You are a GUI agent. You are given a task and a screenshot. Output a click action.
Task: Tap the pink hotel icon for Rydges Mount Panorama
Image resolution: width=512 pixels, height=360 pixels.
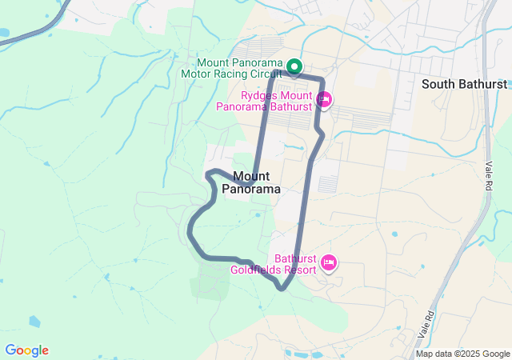(324, 100)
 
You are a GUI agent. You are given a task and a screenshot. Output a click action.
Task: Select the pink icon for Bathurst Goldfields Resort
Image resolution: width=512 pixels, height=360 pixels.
(328, 262)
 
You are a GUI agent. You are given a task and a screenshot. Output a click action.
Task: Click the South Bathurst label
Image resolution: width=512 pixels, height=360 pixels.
(464, 84)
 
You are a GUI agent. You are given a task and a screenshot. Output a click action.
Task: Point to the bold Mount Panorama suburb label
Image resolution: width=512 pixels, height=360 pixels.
(250, 182)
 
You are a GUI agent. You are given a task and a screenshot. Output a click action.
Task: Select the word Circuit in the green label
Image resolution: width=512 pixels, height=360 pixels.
(264, 73)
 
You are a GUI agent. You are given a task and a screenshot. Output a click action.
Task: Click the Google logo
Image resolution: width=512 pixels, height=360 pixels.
(26, 350)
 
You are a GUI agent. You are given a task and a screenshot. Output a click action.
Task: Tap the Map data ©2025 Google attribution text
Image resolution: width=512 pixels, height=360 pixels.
(462, 354)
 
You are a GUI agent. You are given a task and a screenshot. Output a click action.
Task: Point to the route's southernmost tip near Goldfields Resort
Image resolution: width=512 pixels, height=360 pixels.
(282, 289)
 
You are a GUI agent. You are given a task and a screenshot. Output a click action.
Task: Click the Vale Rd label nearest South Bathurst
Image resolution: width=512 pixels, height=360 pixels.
(489, 174)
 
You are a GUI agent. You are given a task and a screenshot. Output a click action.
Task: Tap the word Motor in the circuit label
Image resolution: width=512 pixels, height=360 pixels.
(197, 73)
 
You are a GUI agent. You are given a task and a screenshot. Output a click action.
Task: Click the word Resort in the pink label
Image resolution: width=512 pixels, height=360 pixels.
(298, 270)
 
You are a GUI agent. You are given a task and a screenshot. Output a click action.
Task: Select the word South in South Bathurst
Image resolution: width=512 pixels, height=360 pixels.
(438, 84)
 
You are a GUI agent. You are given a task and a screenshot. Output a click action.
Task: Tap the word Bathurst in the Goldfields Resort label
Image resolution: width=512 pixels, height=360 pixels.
(296, 258)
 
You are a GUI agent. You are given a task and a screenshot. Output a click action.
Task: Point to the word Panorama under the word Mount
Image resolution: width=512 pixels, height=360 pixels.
(250, 190)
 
